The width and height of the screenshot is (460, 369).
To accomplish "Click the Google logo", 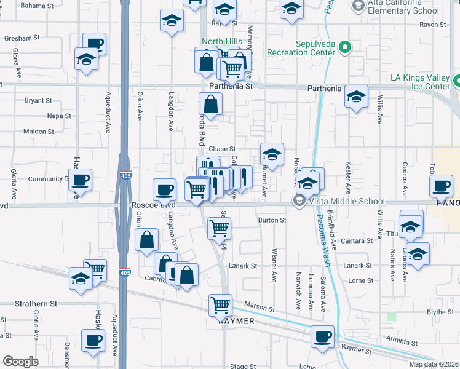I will tap(20, 361).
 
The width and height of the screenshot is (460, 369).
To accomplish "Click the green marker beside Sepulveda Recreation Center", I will tap(345, 47).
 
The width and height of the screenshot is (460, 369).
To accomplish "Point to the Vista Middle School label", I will tap(347, 202).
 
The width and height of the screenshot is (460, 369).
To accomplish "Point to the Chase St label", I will tap(222, 149).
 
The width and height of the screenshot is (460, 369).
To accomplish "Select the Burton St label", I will tap(272, 220).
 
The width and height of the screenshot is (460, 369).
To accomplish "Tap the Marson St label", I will tap(258, 304).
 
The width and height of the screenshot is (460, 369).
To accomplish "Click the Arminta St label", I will tap(403, 343).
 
